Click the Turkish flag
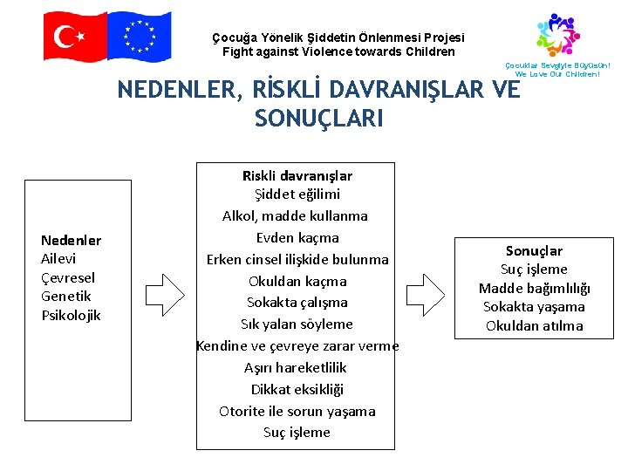tap(75, 37)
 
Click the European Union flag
tap(139, 36)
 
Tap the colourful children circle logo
tap(557, 35)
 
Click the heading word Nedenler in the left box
tap(72, 240)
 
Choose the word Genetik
tap(66, 297)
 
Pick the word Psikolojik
tap(72, 315)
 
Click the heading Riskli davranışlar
tap(297, 175)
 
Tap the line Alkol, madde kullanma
tap(295, 215)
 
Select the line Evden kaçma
tap(297, 237)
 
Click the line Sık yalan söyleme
tap(297, 324)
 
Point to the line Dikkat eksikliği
tap(297, 389)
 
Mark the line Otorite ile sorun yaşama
tap(297, 411)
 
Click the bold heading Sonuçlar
tap(534, 251)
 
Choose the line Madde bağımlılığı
tap(534, 289)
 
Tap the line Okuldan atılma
tap(534, 326)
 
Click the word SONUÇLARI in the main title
tap(318, 119)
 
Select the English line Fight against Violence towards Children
tap(338, 51)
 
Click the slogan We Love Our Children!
tap(558, 74)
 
